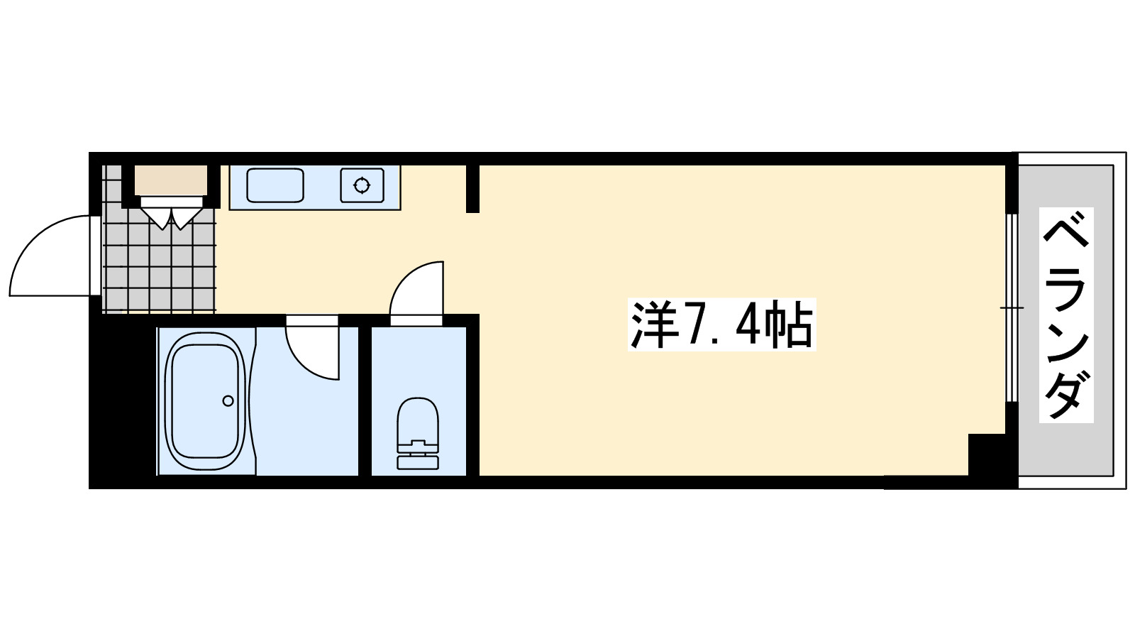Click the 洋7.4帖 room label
[721, 325]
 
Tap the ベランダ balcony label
[1065, 315]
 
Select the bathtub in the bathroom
[205, 401]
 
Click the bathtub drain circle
[228, 401]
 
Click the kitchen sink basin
[275, 185]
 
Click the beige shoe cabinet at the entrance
[170, 180]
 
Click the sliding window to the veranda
[1012, 307]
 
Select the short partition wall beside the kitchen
[472, 188]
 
